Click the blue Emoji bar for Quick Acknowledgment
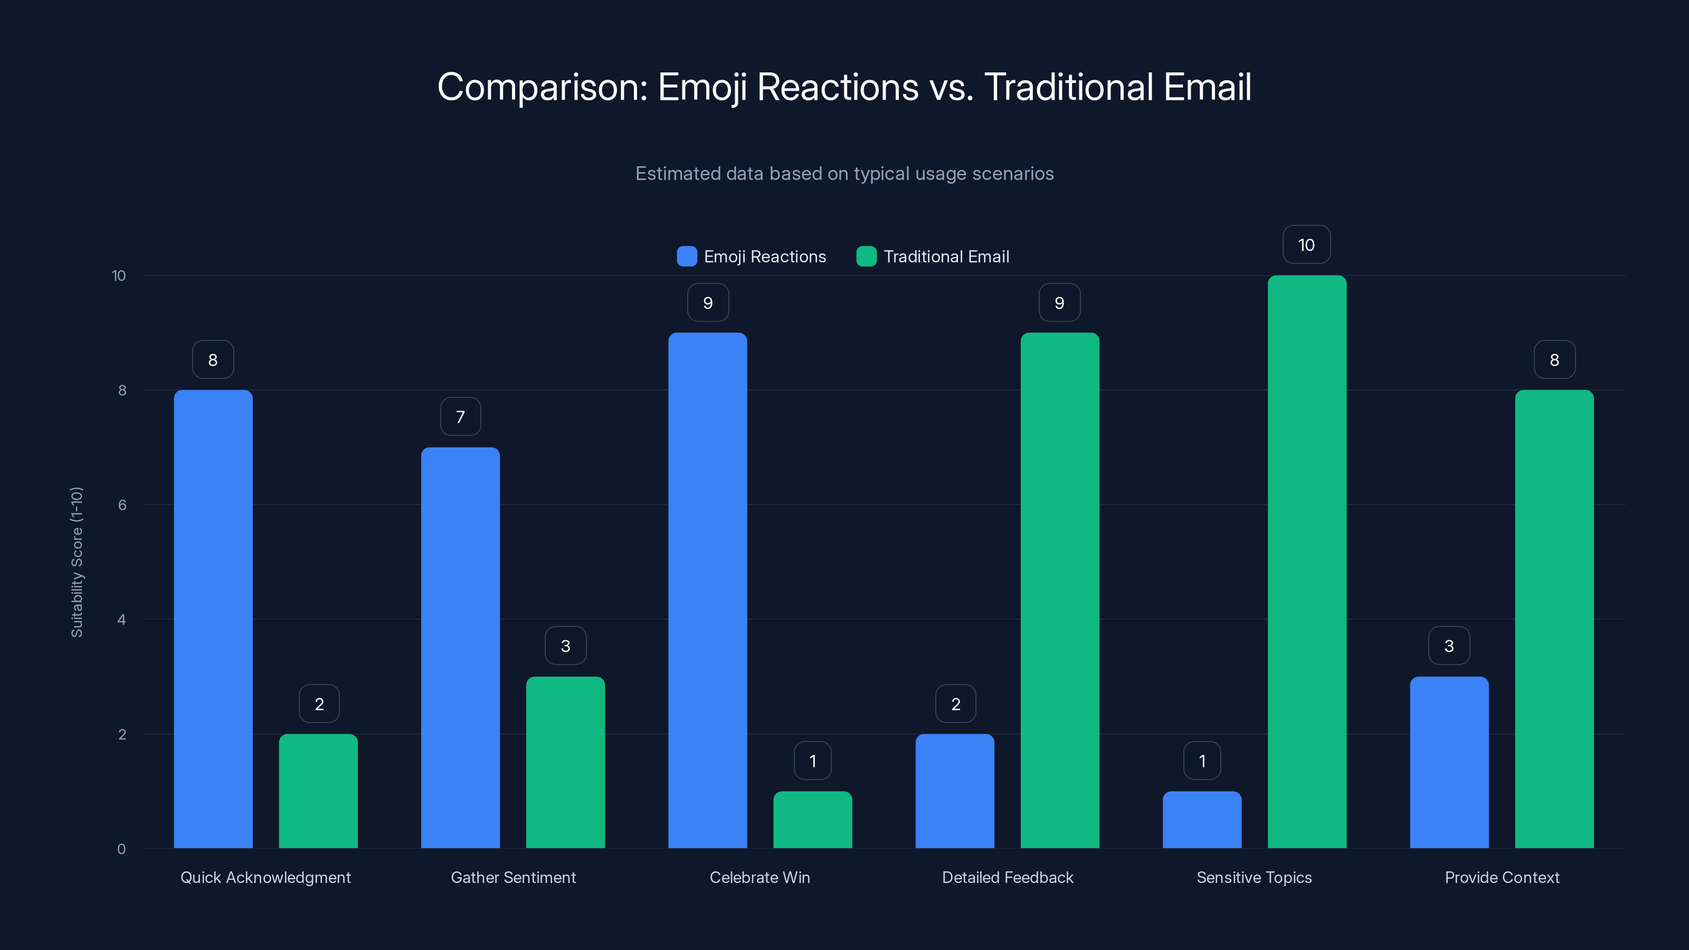[213, 619]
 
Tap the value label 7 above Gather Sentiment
[460, 416]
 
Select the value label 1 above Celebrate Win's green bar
[812, 761]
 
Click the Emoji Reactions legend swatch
[687, 256]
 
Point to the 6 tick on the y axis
[122, 505]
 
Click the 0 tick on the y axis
[121, 849]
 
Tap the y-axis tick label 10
[119, 275]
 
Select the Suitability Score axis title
[77, 562]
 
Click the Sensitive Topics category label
[1254, 877]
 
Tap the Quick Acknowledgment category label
[265, 877]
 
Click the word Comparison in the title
[542, 87]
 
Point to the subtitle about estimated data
[844, 173]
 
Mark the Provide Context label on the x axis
[1502, 877]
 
